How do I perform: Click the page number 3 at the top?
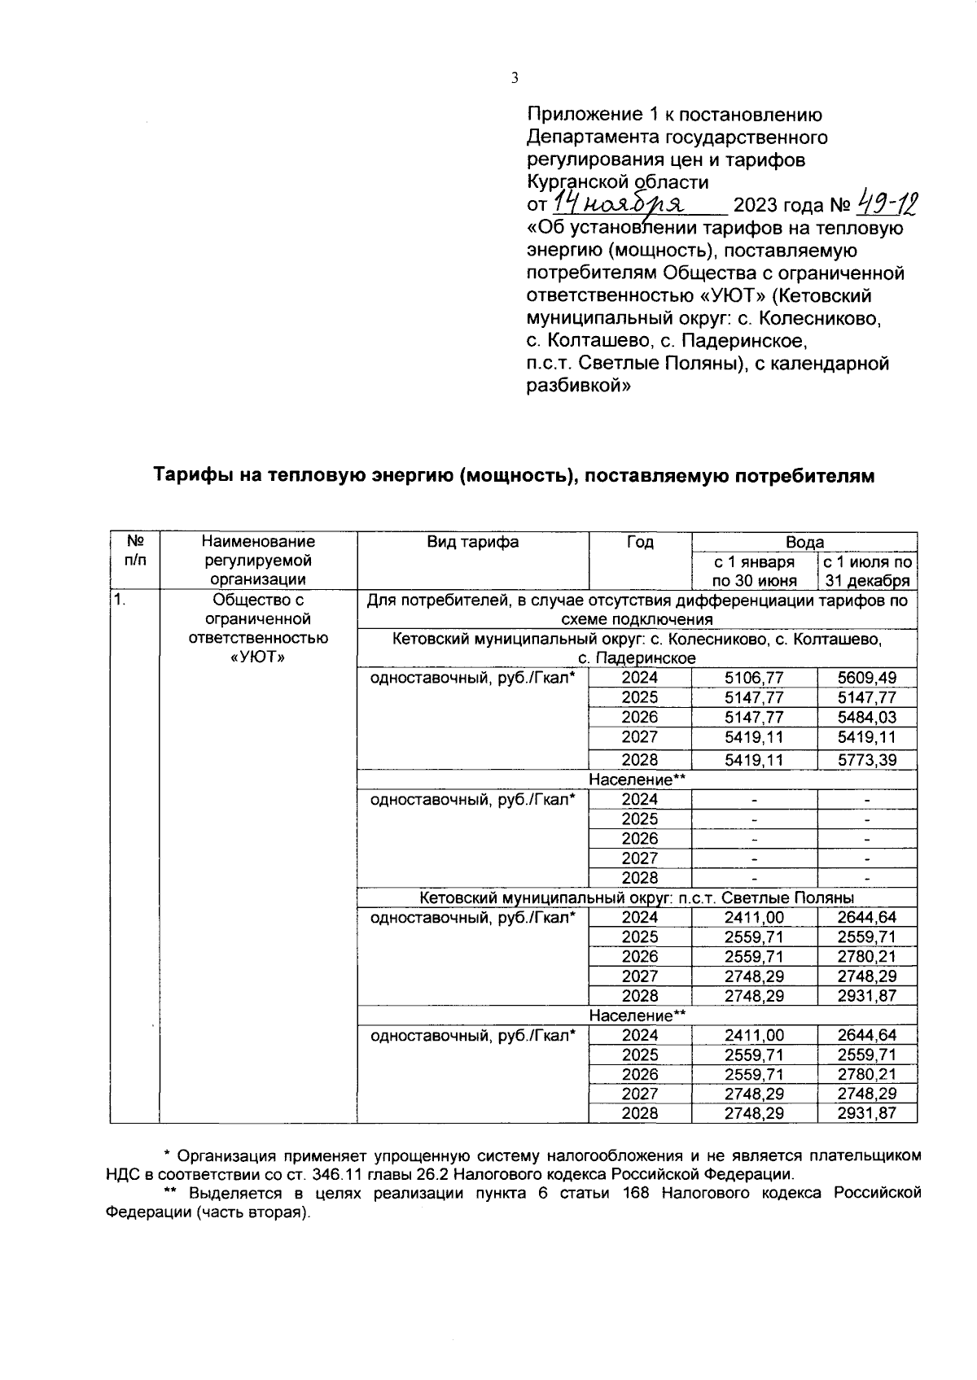pyautogui.click(x=514, y=78)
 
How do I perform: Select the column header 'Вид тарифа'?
pyautogui.click(x=472, y=542)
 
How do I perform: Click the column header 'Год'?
pyautogui.click(x=640, y=542)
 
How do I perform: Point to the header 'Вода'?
pyautogui.click(x=804, y=542)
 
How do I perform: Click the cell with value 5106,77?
pyautogui.click(x=754, y=678)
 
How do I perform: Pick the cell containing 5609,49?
pyautogui.click(x=867, y=678)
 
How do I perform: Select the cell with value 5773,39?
pyautogui.click(x=867, y=760)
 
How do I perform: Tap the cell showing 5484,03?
pyautogui.click(x=867, y=717)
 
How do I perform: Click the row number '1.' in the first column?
pyautogui.click(x=120, y=600)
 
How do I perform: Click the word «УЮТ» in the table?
pyautogui.click(x=258, y=658)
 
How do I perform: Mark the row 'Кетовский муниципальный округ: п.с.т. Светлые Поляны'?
pyautogui.click(x=637, y=897)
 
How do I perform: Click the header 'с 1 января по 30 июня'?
pyautogui.click(x=754, y=571)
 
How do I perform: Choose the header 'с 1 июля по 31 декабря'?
pyautogui.click(x=867, y=571)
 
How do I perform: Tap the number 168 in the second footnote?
pyautogui.click(x=636, y=1193)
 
